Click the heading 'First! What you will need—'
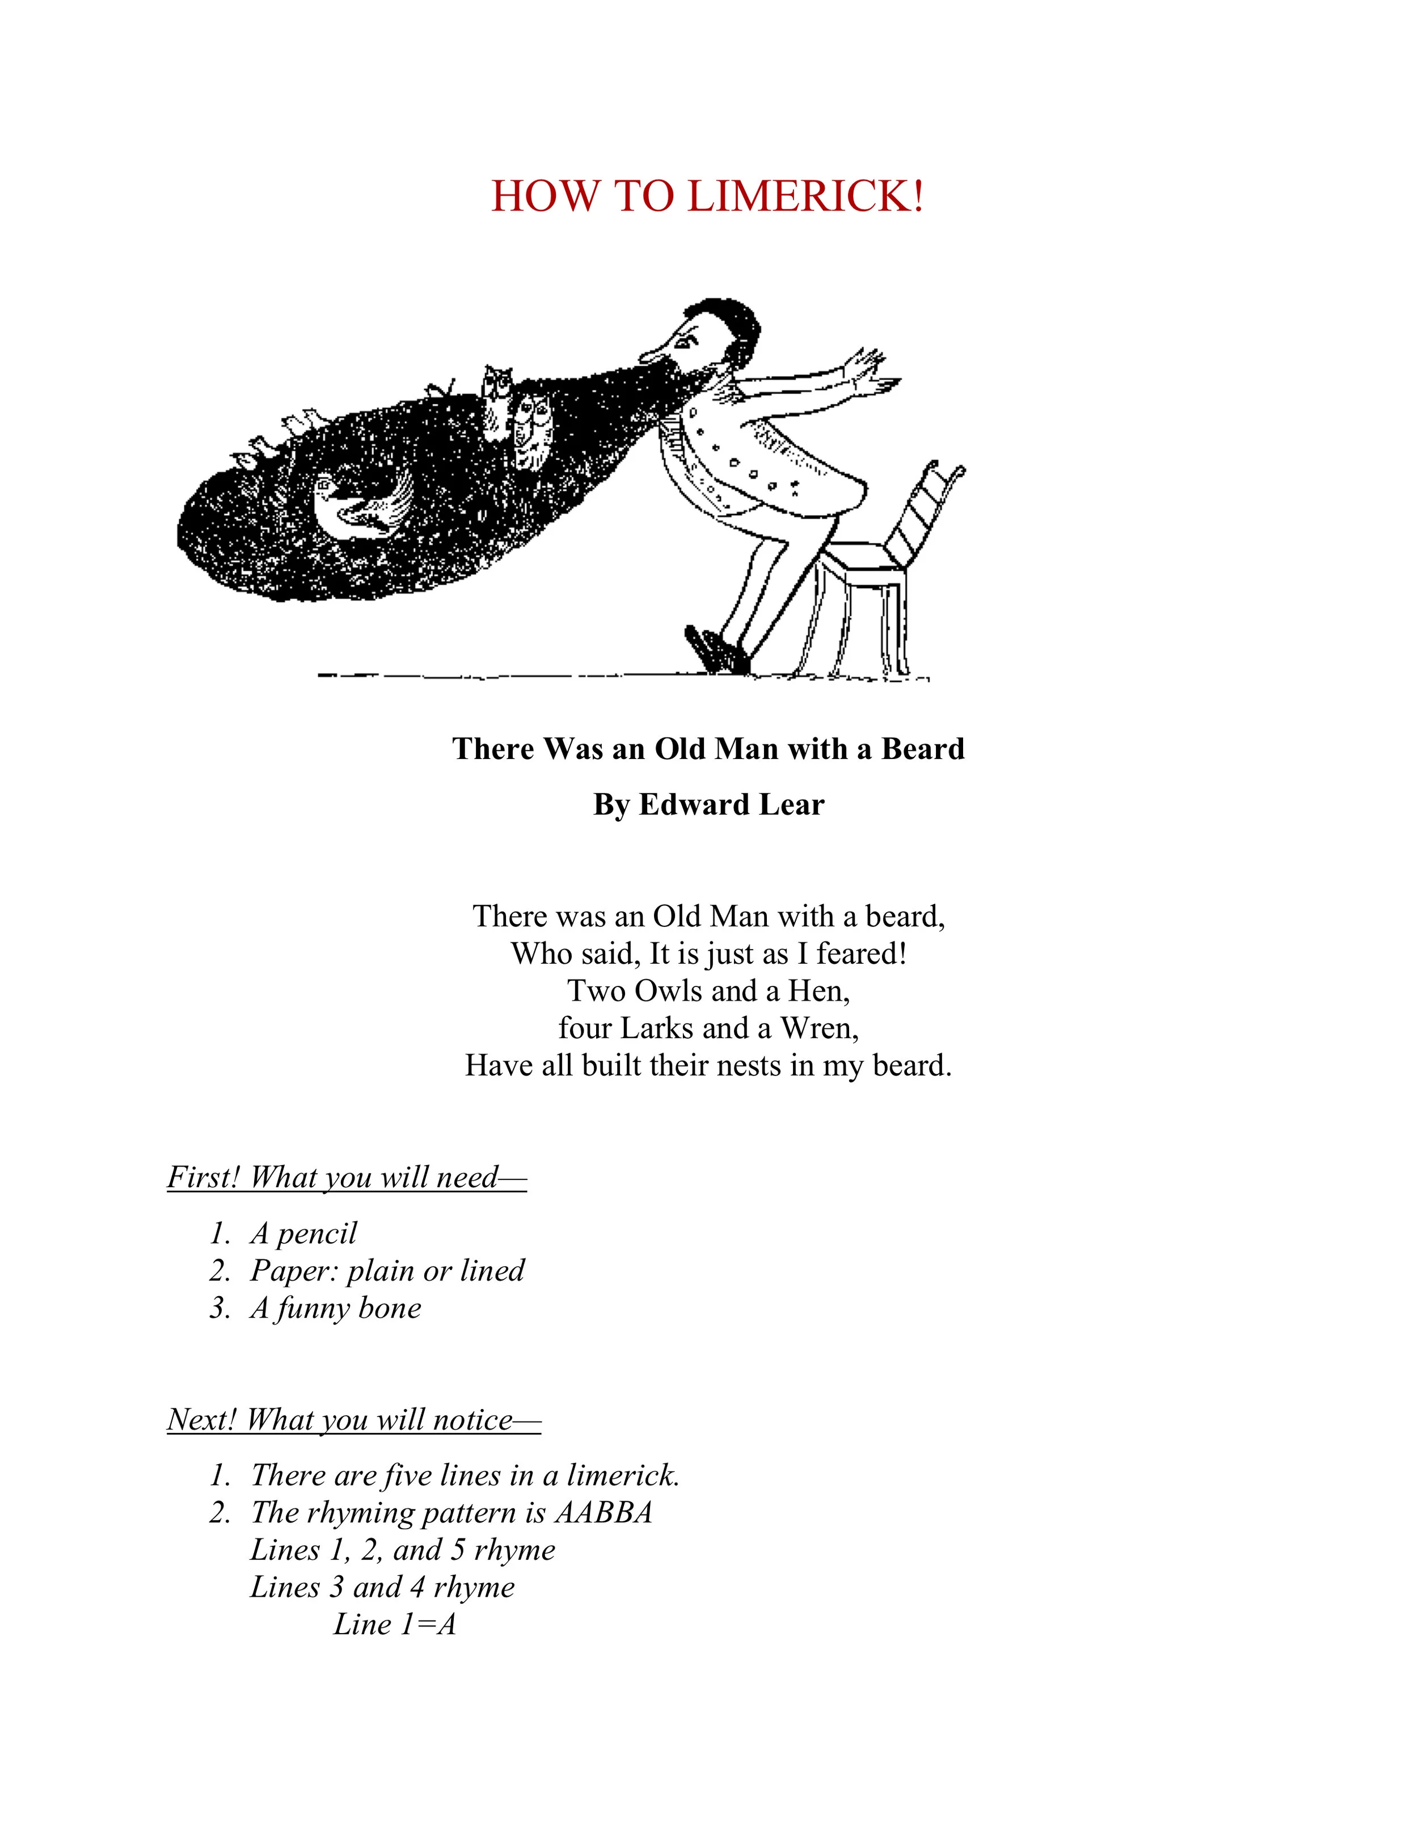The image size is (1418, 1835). click(346, 1177)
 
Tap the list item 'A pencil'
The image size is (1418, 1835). click(303, 1233)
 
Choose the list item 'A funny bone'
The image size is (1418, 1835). click(335, 1307)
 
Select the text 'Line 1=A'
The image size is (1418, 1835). click(394, 1624)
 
